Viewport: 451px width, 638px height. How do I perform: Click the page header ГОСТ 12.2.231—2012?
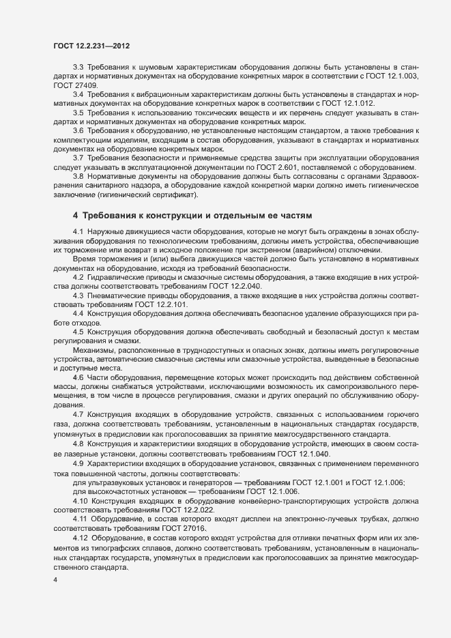coord(91,46)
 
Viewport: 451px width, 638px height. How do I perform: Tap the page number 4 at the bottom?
coord(55,579)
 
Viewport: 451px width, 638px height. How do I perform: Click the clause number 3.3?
coord(78,67)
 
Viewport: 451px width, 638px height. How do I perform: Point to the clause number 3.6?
coord(78,130)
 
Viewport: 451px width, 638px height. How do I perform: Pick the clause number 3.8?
coord(78,177)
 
